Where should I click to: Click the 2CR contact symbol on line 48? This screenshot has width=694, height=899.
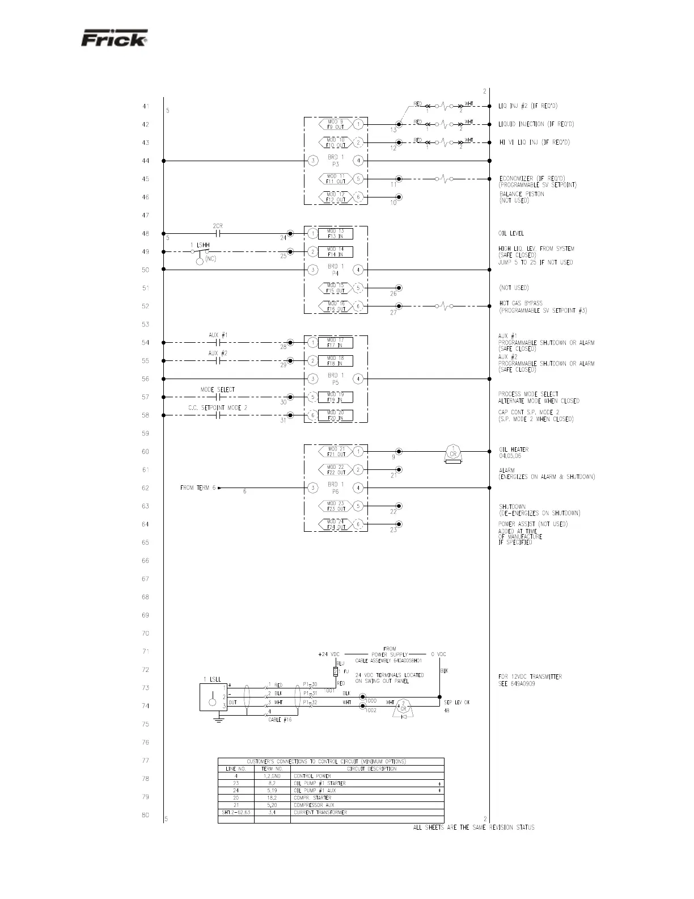point(218,233)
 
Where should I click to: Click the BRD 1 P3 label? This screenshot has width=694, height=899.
point(335,161)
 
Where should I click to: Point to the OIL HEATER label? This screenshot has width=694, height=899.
point(513,449)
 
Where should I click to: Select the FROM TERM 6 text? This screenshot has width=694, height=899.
point(198,488)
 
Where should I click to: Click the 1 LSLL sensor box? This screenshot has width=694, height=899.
point(213,697)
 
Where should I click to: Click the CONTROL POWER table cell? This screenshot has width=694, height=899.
point(312,776)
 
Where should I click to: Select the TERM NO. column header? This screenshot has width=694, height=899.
point(272,768)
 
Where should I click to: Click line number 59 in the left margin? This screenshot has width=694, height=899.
point(145,434)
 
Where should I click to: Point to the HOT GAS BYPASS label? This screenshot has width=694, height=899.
point(520,304)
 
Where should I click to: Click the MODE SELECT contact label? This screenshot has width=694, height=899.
point(217,390)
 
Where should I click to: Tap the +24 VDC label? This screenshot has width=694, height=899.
point(329,654)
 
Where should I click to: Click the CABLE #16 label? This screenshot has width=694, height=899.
point(280,720)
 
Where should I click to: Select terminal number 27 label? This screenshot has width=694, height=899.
point(393,313)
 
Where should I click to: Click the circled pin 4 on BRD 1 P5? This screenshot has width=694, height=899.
point(358,379)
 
